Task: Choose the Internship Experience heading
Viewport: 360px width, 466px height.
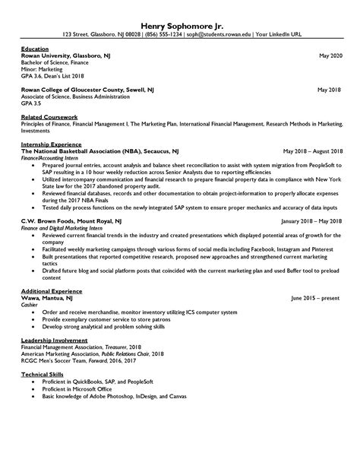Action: click(52, 144)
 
